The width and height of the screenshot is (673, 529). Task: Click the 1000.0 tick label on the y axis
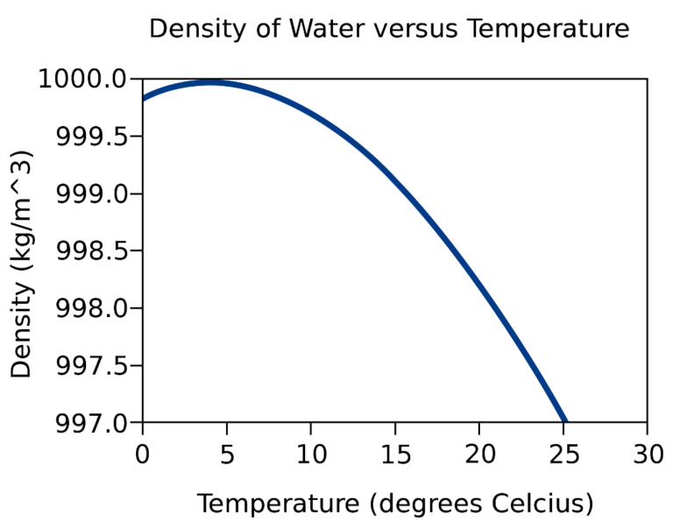(x=85, y=80)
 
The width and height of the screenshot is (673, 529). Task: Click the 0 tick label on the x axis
(x=142, y=453)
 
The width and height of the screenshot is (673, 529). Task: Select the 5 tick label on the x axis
(x=226, y=453)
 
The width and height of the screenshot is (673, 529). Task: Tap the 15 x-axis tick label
(x=394, y=453)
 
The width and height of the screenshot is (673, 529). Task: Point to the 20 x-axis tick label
(x=478, y=453)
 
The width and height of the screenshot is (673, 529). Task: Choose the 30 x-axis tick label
(x=647, y=453)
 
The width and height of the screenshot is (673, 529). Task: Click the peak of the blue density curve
(x=209, y=82)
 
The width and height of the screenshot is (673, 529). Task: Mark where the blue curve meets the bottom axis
(x=565, y=421)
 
